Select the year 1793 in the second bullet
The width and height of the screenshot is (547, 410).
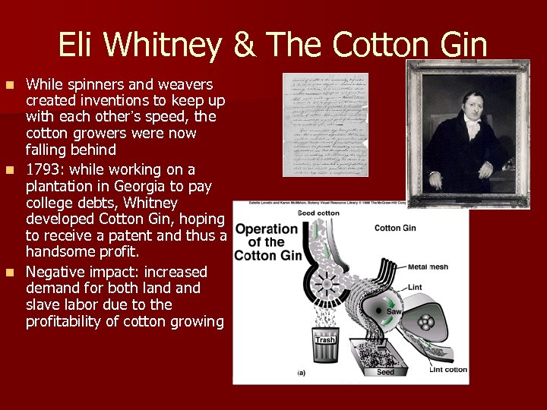43,170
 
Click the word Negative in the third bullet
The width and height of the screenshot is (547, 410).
55,272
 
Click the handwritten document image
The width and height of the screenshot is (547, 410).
324,125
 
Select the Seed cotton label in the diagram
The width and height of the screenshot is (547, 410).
318,214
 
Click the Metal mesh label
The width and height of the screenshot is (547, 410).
428,267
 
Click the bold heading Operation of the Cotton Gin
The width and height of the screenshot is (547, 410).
266,242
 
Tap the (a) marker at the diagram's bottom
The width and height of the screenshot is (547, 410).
302,373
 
